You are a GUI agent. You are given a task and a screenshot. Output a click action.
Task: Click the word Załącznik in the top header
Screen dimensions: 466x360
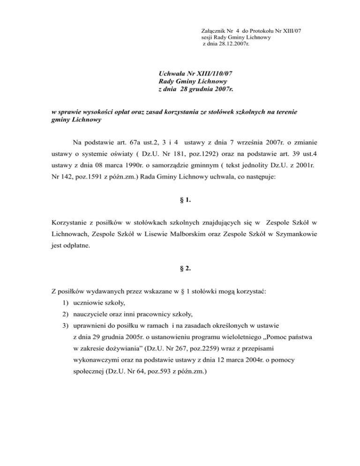tap(211, 31)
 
